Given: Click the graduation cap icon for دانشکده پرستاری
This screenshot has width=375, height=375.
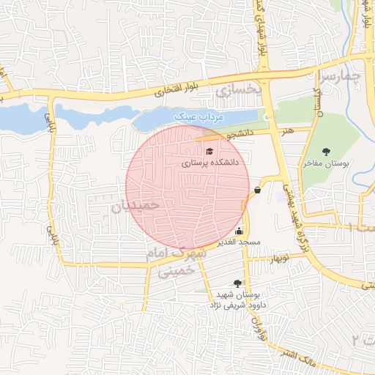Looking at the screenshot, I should [209, 150].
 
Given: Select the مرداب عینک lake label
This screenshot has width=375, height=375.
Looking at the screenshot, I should [197, 116].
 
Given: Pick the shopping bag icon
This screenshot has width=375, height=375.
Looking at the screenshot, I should [257, 190].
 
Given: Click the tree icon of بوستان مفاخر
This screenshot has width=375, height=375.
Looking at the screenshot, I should [325, 152].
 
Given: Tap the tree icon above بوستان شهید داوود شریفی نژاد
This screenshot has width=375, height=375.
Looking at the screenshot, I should [237, 282].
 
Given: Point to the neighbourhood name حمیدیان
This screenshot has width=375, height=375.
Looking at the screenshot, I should [135, 207].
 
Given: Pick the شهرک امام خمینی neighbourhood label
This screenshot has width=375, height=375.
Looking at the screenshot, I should [183, 261].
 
